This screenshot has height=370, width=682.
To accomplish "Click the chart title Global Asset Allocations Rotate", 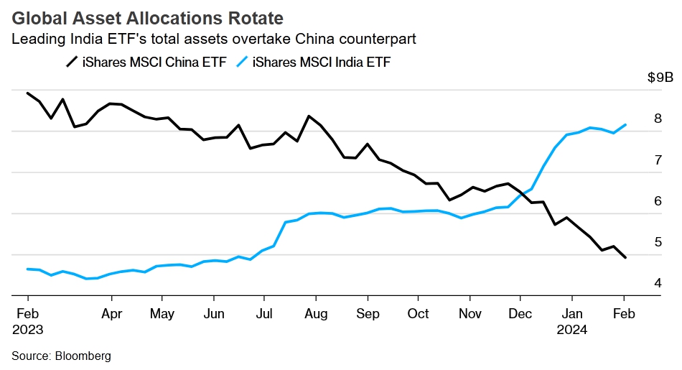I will pos(147,17).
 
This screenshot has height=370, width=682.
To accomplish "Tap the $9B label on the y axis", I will pos(660,78).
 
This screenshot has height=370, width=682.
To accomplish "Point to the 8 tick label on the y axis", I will pos(657,119).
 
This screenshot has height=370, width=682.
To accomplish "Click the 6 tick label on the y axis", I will pos(657,201).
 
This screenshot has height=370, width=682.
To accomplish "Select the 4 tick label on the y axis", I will pos(657,283).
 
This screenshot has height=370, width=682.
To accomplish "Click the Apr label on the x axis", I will pos(111,314).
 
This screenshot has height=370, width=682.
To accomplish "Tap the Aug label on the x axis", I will pos(316,314).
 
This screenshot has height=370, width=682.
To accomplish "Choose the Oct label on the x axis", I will pos(418,314).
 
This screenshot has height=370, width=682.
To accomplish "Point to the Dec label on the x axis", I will pos(520,314).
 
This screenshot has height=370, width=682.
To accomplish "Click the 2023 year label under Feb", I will pos(27,330).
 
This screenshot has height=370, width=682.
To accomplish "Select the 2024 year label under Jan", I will pos(572,330).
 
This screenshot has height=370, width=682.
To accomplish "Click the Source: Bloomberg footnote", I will pos(61,356).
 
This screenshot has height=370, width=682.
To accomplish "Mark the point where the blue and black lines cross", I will pos(523,192).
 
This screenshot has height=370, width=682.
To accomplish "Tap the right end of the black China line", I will pos(625,257).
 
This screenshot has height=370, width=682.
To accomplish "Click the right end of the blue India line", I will pos(625,125).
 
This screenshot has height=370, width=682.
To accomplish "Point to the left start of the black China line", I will pos(27,93).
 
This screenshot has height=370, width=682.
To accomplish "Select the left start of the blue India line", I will pos(27,269).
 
